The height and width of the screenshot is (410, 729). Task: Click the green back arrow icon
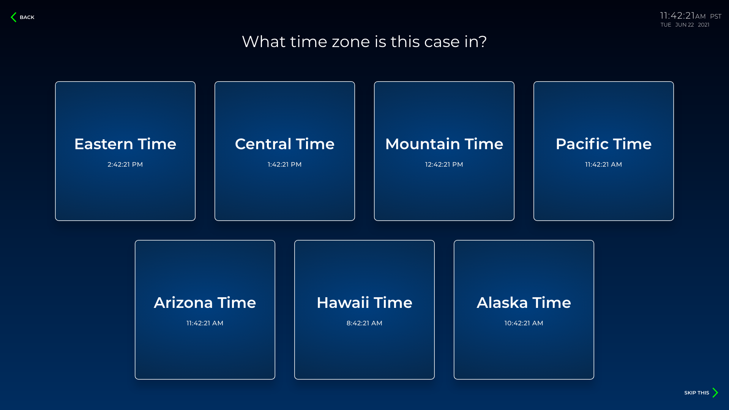pyautogui.click(x=14, y=17)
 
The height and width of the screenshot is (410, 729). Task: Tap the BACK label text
pyautogui.click(x=27, y=17)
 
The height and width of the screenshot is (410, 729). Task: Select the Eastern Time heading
pyautogui.click(x=125, y=144)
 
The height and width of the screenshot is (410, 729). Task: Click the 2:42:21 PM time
pyautogui.click(x=125, y=164)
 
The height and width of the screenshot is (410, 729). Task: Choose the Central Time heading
pyautogui.click(x=285, y=144)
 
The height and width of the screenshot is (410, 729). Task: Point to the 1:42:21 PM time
pyautogui.click(x=285, y=164)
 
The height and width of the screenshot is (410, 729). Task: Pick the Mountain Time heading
pyautogui.click(x=444, y=144)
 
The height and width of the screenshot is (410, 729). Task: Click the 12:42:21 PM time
pyautogui.click(x=444, y=164)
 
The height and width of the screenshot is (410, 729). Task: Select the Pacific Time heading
pyautogui.click(x=604, y=144)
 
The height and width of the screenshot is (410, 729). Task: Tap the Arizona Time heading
pyautogui.click(x=205, y=303)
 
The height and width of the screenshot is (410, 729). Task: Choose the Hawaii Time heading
pyautogui.click(x=364, y=303)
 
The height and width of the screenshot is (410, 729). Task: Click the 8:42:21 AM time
pyautogui.click(x=364, y=323)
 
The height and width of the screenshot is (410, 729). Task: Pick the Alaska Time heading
pyautogui.click(x=524, y=303)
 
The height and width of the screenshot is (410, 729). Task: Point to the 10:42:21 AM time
pyautogui.click(x=524, y=323)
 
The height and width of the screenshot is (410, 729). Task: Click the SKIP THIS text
pyautogui.click(x=697, y=393)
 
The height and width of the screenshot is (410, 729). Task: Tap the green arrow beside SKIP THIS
pyautogui.click(x=715, y=393)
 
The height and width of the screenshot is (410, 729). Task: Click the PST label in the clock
pyautogui.click(x=716, y=17)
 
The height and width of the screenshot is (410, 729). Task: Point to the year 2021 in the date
pyautogui.click(x=704, y=25)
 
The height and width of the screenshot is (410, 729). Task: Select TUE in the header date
pyautogui.click(x=666, y=25)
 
